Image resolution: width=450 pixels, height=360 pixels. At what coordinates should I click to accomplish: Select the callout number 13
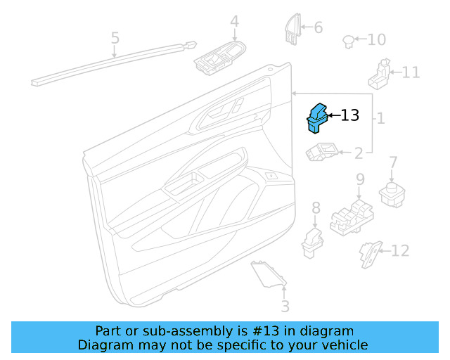click(x=349, y=115)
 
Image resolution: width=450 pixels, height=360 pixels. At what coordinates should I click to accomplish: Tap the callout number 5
click(x=115, y=38)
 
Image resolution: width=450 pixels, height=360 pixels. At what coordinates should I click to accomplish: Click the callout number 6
click(x=318, y=27)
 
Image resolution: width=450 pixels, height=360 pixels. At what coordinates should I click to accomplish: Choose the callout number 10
click(x=377, y=39)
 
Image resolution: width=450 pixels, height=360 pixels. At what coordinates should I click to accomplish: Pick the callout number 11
click(x=411, y=72)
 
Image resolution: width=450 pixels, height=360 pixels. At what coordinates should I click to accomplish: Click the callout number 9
click(x=359, y=179)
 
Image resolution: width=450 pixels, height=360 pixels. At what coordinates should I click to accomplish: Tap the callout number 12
click(x=399, y=250)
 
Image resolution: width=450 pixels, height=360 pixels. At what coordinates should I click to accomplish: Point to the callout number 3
click(x=285, y=306)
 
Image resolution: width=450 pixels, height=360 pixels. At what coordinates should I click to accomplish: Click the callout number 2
click(x=358, y=153)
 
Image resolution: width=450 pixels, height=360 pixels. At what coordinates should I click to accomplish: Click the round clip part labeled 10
click(x=348, y=41)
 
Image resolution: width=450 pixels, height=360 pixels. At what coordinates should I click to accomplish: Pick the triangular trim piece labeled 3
click(x=267, y=274)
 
